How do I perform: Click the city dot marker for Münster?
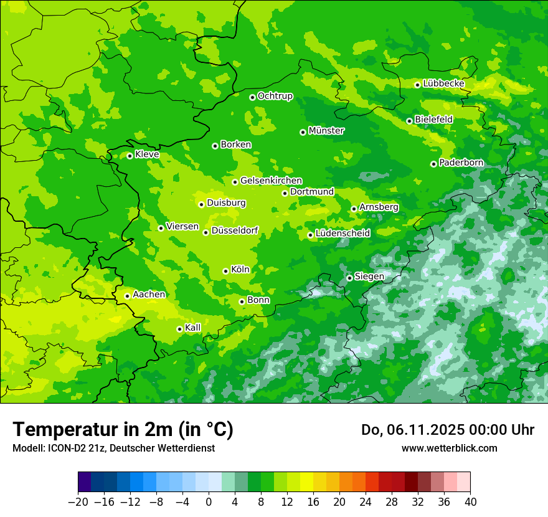click(303, 132)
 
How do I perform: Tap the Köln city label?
click(240, 270)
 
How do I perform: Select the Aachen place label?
click(149, 294)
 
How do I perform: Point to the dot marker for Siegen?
click(349, 278)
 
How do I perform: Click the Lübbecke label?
click(443, 83)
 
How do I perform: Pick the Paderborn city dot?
click(433, 164)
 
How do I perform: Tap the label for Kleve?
click(147, 154)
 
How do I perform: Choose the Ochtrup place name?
click(275, 96)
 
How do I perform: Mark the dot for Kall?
click(179, 329)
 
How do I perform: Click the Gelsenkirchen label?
click(271, 181)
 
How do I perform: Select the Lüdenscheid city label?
click(342, 234)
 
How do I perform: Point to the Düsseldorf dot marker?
click(205, 232)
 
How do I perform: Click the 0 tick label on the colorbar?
click(209, 502)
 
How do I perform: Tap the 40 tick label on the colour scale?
click(470, 502)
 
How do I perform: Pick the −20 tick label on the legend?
click(78, 502)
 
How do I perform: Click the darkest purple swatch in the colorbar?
click(85, 482)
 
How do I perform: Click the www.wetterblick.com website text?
click(449, 448)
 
